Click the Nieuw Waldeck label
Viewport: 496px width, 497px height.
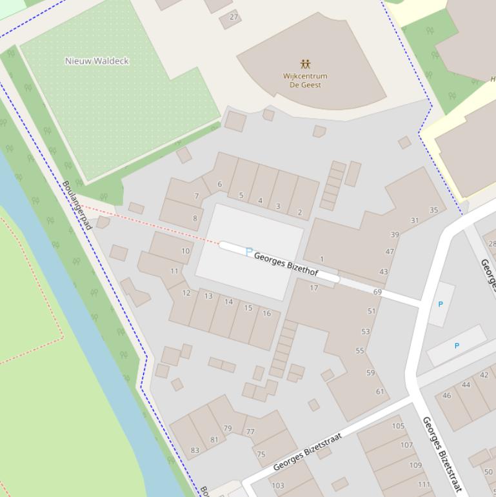pos(97,61)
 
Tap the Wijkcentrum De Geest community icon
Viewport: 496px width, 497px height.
pos(305,64)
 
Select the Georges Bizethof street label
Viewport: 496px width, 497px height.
pos(286,265)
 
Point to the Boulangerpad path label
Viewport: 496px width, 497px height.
pos(77,205)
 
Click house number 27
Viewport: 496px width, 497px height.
pos(233,17)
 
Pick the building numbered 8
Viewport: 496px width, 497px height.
pos(195,218)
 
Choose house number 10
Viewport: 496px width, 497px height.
pos(186,251)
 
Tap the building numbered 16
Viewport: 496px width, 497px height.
pos(266,313)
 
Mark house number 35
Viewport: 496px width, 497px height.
pos(433,210)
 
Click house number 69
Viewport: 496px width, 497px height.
pos(377,292)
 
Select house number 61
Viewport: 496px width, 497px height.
pos(380,391)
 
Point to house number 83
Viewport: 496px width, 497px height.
pos(195,450)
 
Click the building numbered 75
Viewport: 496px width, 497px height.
pos(261,454)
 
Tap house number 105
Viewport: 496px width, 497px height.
pos(398,426)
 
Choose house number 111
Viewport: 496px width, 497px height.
pos(424,485)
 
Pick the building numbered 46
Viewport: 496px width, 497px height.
pos(446,396)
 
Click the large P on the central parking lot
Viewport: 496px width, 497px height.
pos(250,252)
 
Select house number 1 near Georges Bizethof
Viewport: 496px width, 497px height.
pos(322,259)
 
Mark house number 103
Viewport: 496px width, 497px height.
pos(278,486)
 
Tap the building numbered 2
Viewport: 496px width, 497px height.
pos(299,212)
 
